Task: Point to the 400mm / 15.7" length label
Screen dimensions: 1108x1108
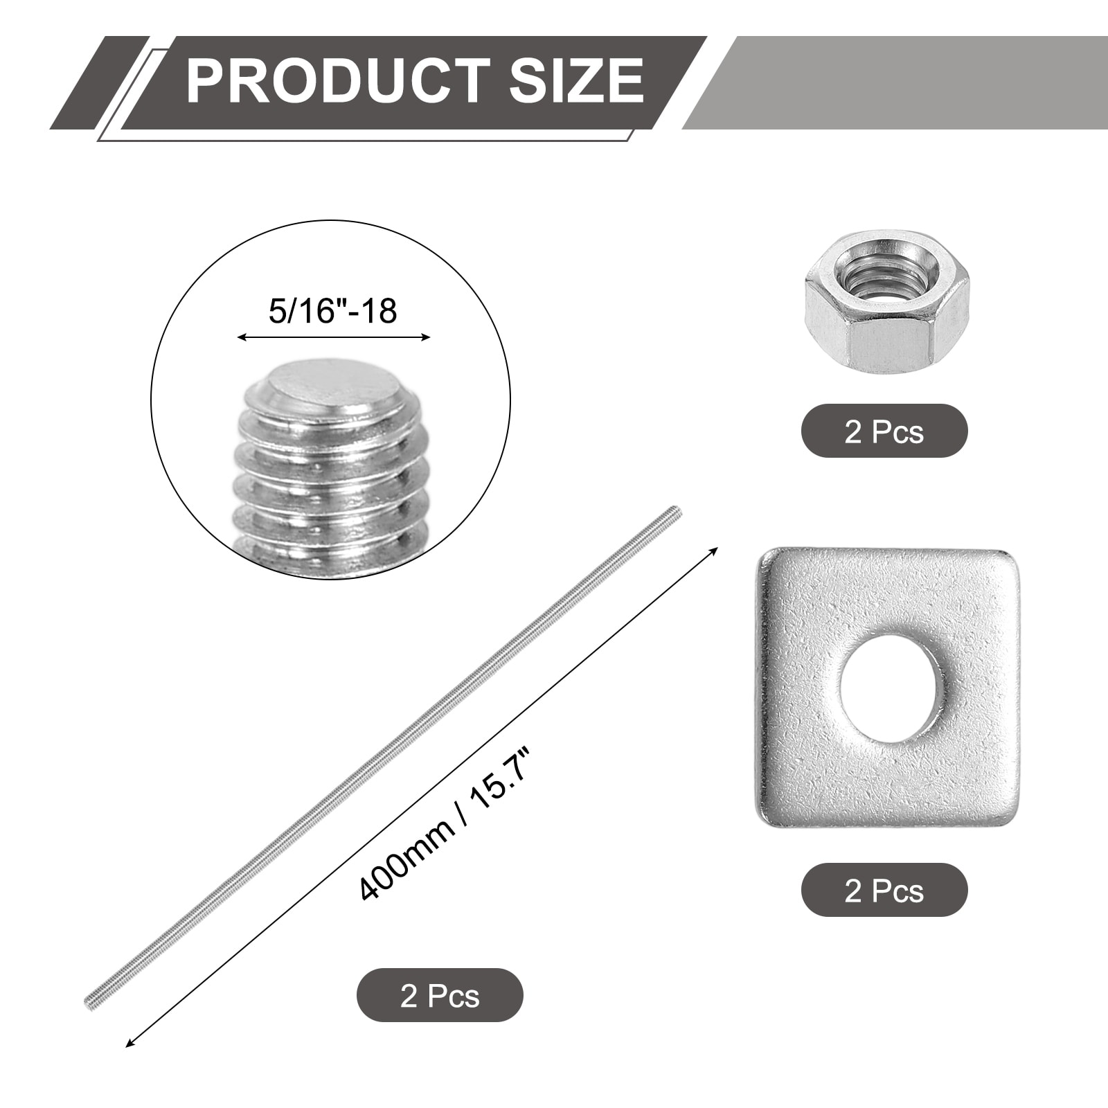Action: (445, 822)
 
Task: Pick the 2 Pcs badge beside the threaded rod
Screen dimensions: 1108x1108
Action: (440, 995)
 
